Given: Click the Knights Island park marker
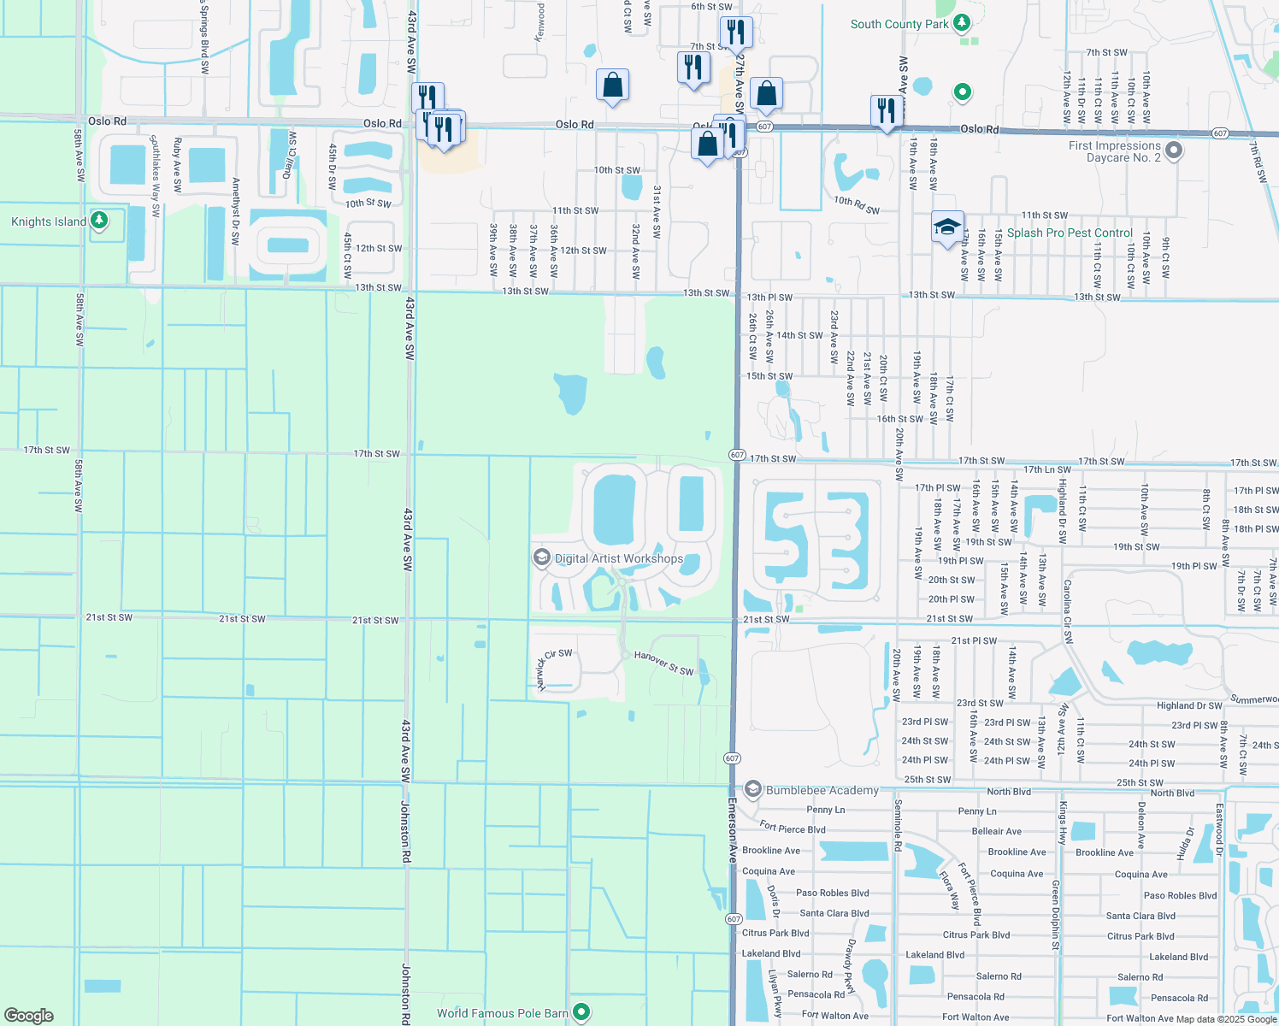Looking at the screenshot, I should (99, 221).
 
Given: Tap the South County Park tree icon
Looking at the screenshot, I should (963, 23).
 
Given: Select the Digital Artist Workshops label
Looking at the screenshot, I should (619, 558).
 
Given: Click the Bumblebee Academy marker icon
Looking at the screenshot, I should (753, 789).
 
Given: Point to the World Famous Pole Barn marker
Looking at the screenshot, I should (582, 1012).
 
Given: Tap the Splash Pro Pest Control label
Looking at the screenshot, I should (1070, 233).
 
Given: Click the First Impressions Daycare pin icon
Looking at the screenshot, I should (1174, 151).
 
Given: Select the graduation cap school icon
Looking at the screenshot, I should (946, 227).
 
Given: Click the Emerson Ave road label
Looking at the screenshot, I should (733, 830).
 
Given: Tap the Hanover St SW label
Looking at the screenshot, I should (664, 663).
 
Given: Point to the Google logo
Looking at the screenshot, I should (29, 1015).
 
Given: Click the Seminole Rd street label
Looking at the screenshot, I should (898, 825).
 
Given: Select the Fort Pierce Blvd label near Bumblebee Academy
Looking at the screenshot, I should (793, 828).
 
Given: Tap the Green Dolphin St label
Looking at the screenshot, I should (1056, 915).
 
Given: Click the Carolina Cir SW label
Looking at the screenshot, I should (1067, 610).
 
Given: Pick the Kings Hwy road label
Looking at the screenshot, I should (1063, 822).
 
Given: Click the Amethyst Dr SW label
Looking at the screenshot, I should (235, 211).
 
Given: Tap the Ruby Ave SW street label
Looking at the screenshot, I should (178, 165).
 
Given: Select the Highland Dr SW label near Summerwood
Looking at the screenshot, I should (1189, 705).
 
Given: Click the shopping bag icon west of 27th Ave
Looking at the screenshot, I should (612, 85).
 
